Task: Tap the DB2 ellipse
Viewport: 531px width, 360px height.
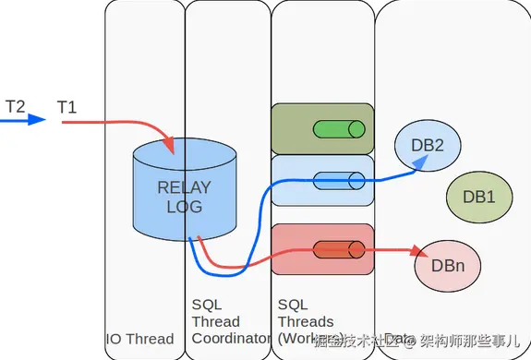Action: [x=428, y=145]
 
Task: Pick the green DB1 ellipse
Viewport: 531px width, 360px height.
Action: [x=478, y=196]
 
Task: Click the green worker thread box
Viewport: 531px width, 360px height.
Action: [x=322, y=128]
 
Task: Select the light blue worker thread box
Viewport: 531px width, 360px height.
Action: [x=322, y=179]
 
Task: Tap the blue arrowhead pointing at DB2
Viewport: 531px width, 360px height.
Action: [x=419, y=161]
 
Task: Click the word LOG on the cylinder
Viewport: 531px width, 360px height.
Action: [x=184, y=206]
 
